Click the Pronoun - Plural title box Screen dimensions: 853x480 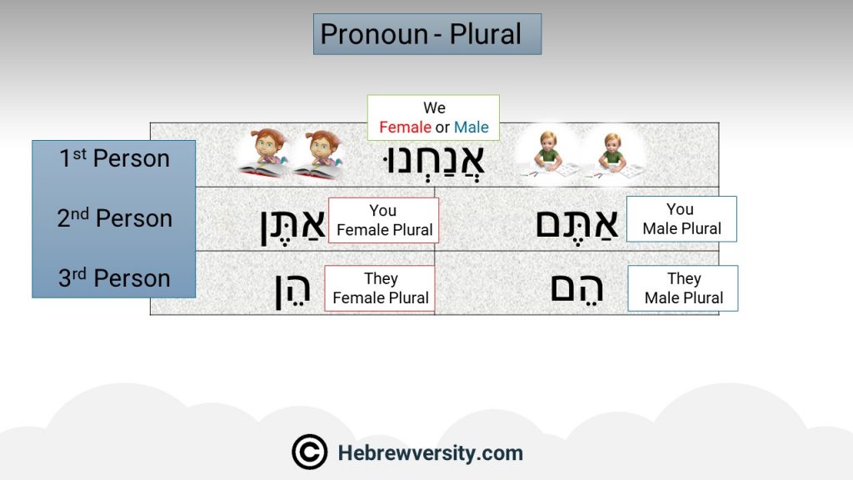[x=427, y=34]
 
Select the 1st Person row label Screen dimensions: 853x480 [x=114, y=158]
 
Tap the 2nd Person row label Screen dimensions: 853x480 [x=114, y=218]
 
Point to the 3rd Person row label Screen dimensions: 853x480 [x=114, y=278]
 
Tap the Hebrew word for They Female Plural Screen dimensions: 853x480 [x=292, y=291]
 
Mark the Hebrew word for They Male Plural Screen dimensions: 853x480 [x=576, y=289]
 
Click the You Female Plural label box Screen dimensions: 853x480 [x=383, y=220]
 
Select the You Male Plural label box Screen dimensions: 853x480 [x=681, y=219]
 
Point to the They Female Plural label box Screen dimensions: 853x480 [x=380, y=288]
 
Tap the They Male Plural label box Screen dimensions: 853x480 [x=683, y=288]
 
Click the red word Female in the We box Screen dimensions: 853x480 [x=406, y=127]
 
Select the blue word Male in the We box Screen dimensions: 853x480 [x=471, y=127]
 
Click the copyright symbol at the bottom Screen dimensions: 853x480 [x=310, y=452]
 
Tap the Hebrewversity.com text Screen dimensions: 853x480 [x=431, y=452]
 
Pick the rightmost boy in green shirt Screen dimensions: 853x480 [x=613, y=156]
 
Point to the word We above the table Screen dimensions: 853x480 [x=434, y=107]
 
